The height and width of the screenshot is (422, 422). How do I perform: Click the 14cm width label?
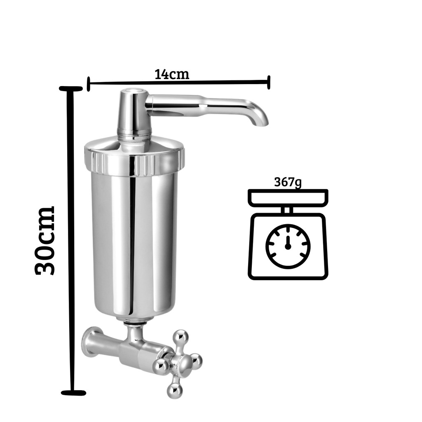coord(172,74)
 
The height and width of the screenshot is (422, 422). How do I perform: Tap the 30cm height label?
coord(45,241)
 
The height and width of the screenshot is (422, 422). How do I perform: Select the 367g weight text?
coord(288,182)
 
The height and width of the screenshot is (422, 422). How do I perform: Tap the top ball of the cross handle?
coord(180,336)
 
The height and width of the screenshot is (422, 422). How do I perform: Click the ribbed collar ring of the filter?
coord(135,162)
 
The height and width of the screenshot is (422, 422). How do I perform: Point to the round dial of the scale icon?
coord(288,246)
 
